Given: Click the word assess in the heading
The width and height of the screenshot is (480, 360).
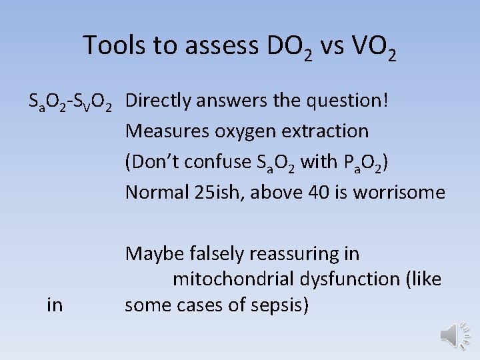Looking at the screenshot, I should click(222, 46).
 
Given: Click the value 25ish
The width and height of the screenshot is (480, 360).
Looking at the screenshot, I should click(212, 193).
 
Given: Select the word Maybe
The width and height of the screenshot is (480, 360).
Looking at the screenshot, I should click(152, 254).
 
